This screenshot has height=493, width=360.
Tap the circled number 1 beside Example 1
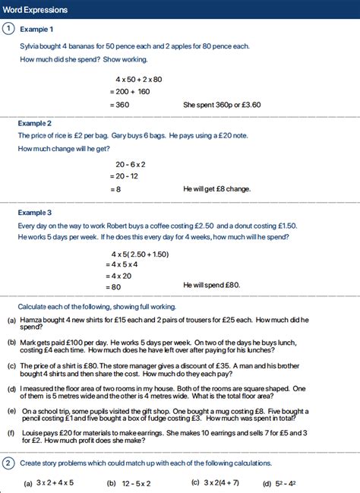[8, 29]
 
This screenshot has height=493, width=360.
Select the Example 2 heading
[35, 122]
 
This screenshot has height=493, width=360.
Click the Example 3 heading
[35, 213]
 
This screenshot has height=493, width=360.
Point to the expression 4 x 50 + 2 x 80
[139, 79]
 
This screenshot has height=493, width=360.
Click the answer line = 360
[122, 105]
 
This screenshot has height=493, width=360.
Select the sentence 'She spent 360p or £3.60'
[222, 105]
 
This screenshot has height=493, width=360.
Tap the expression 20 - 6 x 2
[131, 164]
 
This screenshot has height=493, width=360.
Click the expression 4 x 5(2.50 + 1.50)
[140, 254]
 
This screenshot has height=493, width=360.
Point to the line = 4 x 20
[122, 275]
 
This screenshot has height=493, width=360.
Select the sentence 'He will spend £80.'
[211, 285]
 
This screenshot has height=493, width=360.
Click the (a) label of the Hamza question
[12, 321]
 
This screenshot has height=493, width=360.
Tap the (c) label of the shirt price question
[12, 365]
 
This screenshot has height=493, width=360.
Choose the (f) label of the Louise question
[12, 432]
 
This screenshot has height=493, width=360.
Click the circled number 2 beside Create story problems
[8, 463]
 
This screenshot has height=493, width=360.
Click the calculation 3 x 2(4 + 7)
[221, 483]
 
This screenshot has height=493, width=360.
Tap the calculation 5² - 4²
[286, 483]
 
